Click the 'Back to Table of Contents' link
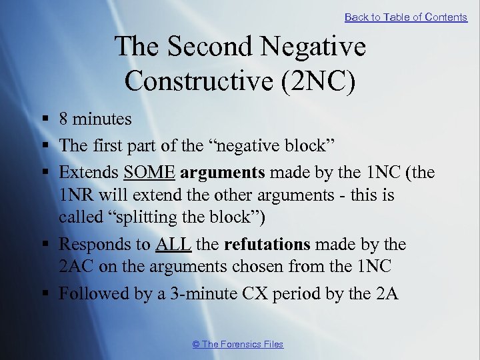click(x=405, y=17)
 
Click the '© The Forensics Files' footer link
click(x=237, y=344)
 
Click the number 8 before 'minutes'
click(x=64, y=119)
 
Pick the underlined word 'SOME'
click(x=149, y=173)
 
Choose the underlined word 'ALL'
click(x=173, y=245)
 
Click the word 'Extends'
click(x=89, y=173)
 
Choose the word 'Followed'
click(x=93, y=294)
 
